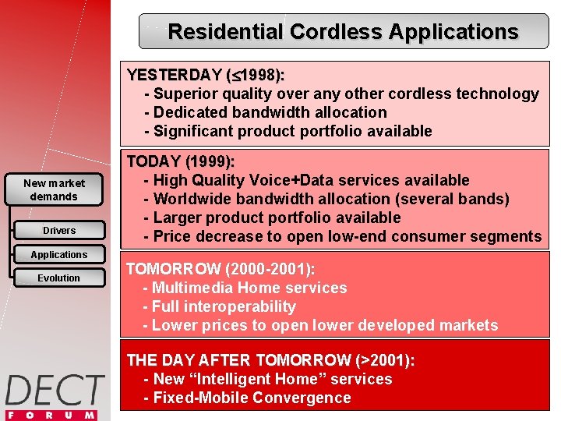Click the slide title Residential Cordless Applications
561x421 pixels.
(343, 32)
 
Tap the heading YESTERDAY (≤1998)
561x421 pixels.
(206, 75)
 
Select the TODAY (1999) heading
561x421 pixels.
(181, 162)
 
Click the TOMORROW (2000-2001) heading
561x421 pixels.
(221, 269)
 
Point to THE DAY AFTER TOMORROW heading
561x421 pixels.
(270, 360)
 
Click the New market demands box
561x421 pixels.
(55, 189)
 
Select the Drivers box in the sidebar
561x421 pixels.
(59, 231)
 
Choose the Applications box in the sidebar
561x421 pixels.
(59, 255)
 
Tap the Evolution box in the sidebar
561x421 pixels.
(59, 278)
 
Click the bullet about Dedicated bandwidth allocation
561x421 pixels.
(265, 112)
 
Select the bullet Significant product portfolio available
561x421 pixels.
(288, 131)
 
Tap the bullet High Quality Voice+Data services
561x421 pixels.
(306, 180)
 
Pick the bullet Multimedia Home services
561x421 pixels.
(245, 288)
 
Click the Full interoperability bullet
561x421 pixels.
(220, 306)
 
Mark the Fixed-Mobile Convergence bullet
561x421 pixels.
(247, 398)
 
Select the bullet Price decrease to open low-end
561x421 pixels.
(342, 236)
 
